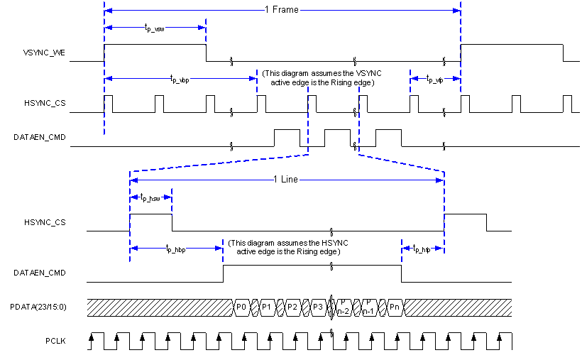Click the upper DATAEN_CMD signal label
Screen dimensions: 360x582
pyautogui.click(x=43, y=137)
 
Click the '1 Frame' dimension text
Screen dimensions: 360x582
pyautogui.click(x=282, y=10)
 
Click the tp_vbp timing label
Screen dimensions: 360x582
pyautogui.click(x=180, y=80)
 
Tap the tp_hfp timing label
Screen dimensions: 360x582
pyautogui.click(x=422, y=249)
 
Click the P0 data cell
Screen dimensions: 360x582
pyautogui.click(x=241, y=307)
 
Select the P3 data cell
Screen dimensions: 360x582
pyautogui.click(x=318, y=307)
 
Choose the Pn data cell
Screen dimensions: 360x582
pyautogui.click(x=395, y=307)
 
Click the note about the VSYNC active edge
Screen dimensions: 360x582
pyautogui.click(x=318, y=78)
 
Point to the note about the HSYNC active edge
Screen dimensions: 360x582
pyautogui.click(x=288, y=247)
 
